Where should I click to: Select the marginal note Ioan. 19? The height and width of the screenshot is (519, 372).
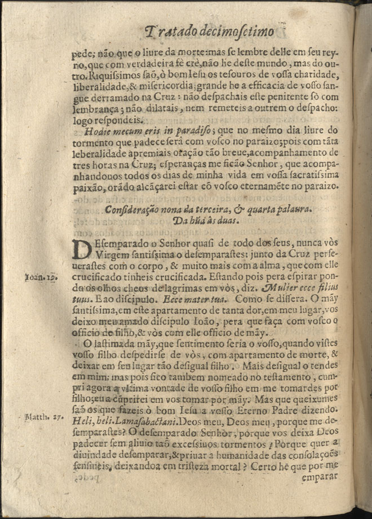pyautogui.click(x=40, y=278)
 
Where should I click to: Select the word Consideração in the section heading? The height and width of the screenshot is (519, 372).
pyautogui.click(x=131, y=209)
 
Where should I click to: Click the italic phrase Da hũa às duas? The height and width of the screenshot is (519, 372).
pyautogui.click(x=191, y=221)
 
